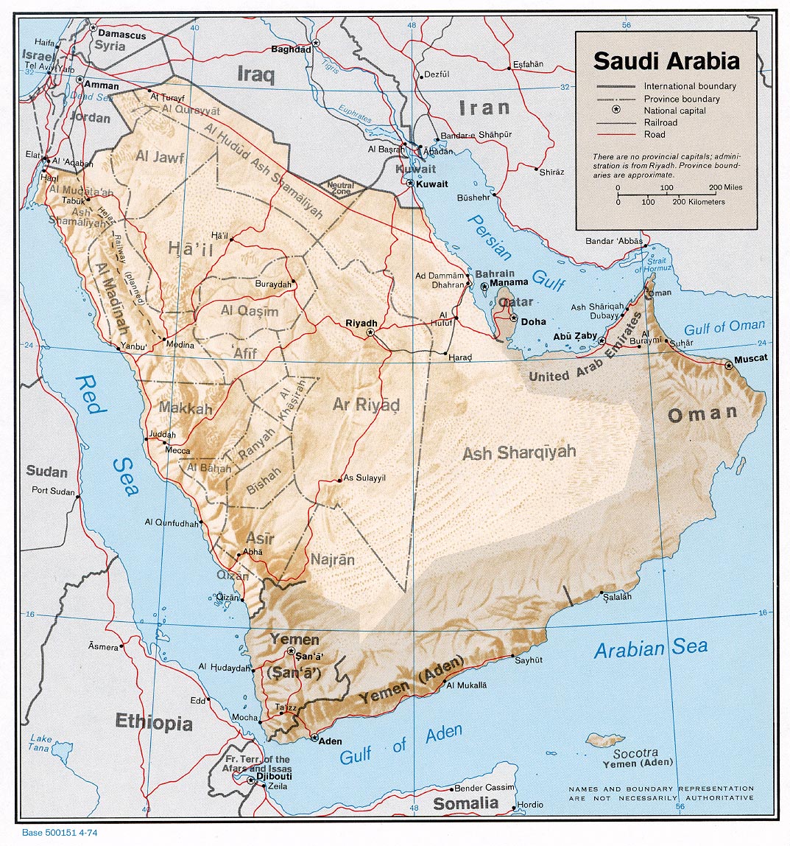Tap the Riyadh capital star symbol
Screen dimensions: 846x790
(x=370, y=333)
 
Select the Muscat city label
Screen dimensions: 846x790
(x=750, y=358)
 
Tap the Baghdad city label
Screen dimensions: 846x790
(x=290, y=50)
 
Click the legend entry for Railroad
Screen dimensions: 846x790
(x=660, y=122)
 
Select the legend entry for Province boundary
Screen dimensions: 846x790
(x=681, y=99)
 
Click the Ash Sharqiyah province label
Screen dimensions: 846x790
(x=519, y=452)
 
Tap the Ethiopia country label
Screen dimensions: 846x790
(x=153, y=722)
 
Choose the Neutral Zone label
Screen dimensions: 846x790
(x=340, y=187)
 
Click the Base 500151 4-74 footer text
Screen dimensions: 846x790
(x=60, y=833)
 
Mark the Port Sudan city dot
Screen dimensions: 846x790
(x=79, y=496)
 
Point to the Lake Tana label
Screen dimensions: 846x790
(x=41, y=744)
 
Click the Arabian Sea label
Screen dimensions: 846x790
(x=651, y=649)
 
